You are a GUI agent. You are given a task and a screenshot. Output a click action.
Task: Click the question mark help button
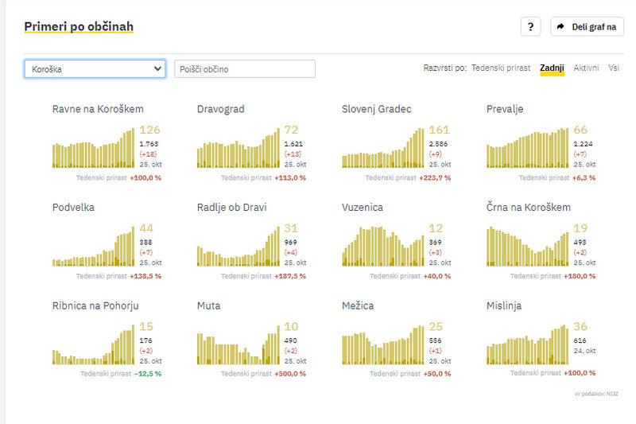tap(531, 26)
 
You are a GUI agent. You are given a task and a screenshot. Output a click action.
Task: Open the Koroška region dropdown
tap(95, 69)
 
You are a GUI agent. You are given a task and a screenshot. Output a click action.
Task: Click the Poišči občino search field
tap(245, 69)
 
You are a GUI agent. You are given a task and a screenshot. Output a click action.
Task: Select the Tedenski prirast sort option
tap(501, 68)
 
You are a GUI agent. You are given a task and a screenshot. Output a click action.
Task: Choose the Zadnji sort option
tap(552, 68)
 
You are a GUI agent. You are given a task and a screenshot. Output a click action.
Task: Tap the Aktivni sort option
tap(587, 68)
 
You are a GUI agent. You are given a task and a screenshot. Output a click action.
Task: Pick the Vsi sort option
tap(614, 68)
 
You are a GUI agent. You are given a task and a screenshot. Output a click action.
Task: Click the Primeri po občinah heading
tap(79, 26)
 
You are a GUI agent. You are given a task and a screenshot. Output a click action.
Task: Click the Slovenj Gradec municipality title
tap(377, 109)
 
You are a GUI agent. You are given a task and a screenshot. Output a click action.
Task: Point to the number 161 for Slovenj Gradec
tap(439, 130)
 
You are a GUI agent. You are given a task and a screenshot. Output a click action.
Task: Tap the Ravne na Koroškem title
tap(98, 109)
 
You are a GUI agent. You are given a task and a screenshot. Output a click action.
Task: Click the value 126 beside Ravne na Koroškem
tap(149, 130)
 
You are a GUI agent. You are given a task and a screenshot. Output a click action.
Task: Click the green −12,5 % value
tap(146, 373)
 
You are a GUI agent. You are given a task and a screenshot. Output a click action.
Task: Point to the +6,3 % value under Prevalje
tap(584, 177)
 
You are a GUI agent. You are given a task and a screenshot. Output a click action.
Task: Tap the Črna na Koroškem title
tap(529, 208)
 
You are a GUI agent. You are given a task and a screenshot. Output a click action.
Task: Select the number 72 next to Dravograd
tap(291, 130)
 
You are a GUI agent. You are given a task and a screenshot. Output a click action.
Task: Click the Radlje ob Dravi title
tap(231, 208)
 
